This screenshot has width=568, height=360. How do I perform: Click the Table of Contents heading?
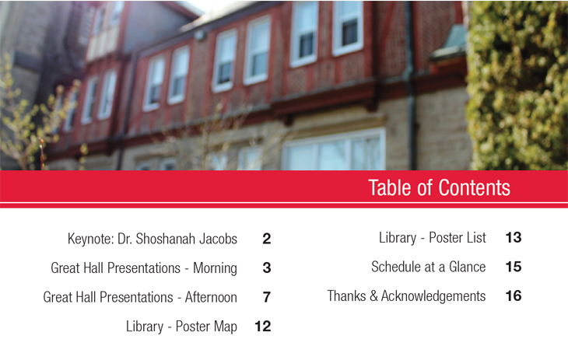pos(439,187)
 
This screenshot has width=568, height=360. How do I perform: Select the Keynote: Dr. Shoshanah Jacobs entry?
pos(153,239)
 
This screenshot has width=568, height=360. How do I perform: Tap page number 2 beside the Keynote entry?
pos(267,239)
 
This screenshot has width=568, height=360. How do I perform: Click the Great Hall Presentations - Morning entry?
pos(144,268)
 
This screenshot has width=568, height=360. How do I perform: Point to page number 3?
pos(267,268)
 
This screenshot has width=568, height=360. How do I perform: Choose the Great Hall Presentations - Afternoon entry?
pos(140,297)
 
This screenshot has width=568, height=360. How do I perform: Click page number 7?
pos(267,297)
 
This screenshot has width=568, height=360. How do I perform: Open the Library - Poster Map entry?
pos(181,327)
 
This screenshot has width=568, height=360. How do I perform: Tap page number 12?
pos(263,327)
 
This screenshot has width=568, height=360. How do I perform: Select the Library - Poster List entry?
pos(432,238)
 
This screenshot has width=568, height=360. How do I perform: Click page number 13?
pos(514,238)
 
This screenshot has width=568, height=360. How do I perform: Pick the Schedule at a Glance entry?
pos(428,267)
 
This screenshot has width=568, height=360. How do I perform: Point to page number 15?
pos(514,267)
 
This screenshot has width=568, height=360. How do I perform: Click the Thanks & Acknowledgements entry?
pos(406,296)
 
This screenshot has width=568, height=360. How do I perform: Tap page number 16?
pos(514,296)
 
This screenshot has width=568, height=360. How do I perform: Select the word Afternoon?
pos(211,297)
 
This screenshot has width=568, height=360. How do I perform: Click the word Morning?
pos(216,268)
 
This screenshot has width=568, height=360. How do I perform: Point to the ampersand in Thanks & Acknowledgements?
pos(373,296)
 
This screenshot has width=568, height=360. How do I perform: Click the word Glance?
pos(468,267)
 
